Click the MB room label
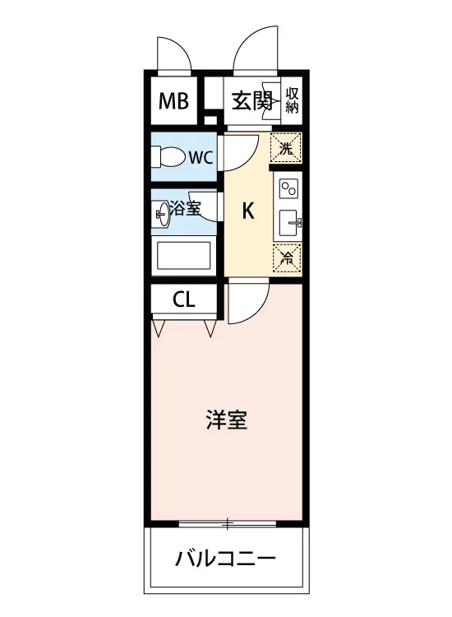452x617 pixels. (173, 100)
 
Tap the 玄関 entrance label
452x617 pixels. (252, 101)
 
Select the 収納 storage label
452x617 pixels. (292, 100)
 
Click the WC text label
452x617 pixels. (201, 157)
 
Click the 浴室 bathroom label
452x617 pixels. (185, 208)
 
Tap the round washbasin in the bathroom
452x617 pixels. (163, 214)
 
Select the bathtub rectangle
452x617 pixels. (183, 256)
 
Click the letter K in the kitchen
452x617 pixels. (248, 211)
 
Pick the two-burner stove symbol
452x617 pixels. (289, 188)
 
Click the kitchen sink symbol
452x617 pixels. (289, 223)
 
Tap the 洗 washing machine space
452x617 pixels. (286, 148)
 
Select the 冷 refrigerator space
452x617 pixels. (288, 258)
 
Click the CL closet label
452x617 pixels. (184, 300)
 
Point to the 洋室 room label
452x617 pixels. (227, 420)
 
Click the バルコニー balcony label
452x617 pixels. (226, 559)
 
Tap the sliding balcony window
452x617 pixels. (227, 524)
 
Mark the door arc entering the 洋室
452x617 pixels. (258, 310)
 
